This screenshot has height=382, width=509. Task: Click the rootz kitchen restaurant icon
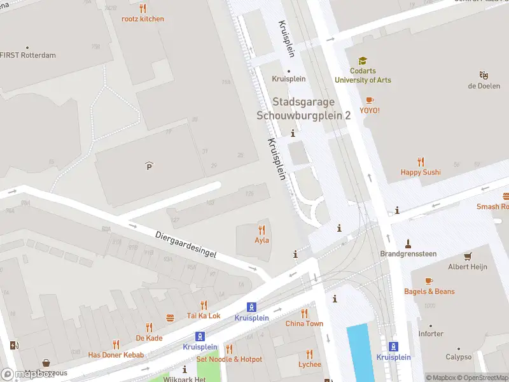143,9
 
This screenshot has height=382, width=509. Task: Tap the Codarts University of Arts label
363,76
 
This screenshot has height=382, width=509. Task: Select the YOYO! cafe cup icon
370,101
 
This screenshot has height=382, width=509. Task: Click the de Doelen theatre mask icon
484,75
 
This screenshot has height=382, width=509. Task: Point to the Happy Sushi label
420,172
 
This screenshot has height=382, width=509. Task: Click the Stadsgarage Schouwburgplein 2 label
303,108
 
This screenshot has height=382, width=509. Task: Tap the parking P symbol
150,166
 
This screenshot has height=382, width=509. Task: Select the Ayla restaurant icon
261,230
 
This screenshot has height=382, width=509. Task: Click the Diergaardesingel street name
186,244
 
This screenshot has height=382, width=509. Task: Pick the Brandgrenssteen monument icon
408,243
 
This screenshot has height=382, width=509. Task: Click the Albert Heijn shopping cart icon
468,257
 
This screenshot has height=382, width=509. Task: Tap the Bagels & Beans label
429,292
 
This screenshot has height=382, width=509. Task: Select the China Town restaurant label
304,323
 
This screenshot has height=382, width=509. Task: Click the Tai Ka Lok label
204,316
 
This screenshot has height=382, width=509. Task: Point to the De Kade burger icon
170,318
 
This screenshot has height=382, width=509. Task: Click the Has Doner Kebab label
116,355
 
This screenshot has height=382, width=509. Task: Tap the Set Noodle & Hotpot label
229,359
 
